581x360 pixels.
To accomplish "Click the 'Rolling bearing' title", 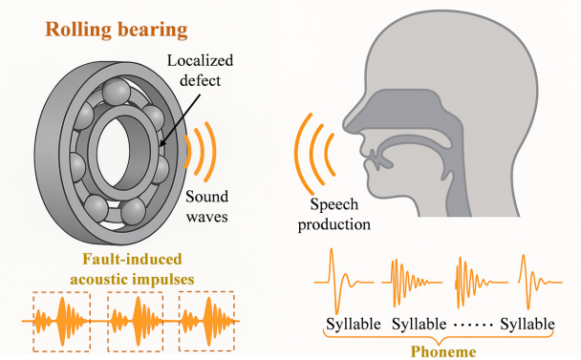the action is tap(116, 30).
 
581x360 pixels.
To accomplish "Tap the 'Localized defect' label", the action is tap(200, 71).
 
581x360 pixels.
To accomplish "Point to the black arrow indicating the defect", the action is tap(181, 119).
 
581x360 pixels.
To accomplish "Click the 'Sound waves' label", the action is tap(206, 206).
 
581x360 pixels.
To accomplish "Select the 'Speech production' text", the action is tap(334, 214).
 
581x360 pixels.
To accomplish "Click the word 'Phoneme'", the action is tap(443, 351).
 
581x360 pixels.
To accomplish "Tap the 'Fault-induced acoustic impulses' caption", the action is tap(132, 269).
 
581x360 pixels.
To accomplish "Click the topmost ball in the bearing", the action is tap(117, 92).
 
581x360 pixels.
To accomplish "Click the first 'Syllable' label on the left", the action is tap(354, 324).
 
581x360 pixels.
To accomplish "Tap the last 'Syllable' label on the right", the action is tap(527, 324).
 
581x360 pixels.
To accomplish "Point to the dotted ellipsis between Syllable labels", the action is tap(473, 326).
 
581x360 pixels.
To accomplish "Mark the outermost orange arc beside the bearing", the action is tap(214, 152).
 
